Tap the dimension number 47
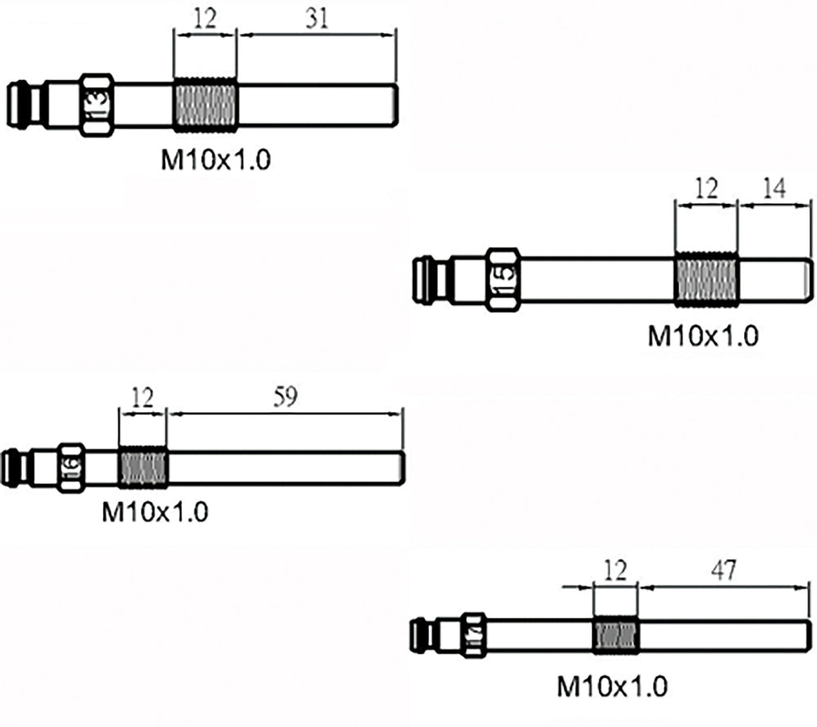tap(721, 571)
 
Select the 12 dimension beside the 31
tap(205, 18)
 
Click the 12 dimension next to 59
tap(142, 397)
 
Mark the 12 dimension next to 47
tap(617, 571)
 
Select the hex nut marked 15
tap(503, 278)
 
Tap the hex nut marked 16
tap(70, 466)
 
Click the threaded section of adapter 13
tap(205, 105)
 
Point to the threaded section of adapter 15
tap(707, 279)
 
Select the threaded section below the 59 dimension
tap(143, 466)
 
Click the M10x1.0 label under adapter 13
tap(214, 159)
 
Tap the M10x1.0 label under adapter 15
tap(703, 335)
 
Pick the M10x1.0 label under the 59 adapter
tap(154, 513)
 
